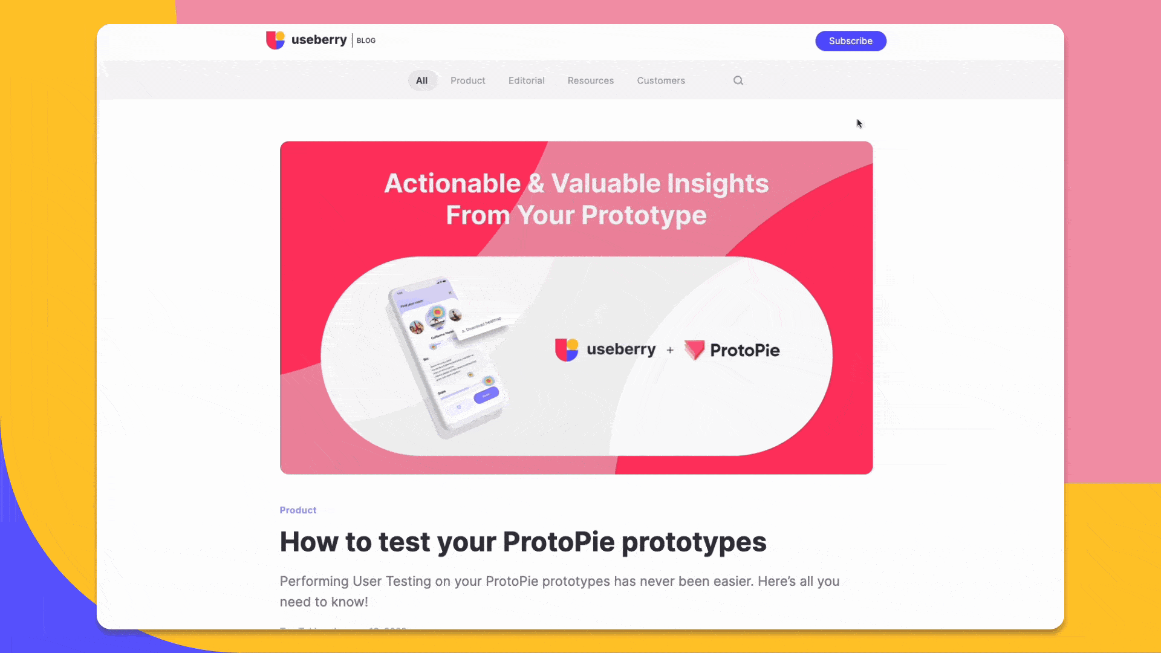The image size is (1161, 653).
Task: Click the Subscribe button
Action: point(850,41)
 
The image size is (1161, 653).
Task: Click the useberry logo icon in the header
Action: point(275,40)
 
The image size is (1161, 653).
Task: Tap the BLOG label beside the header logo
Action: point(366,41)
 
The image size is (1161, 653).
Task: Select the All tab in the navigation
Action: point(421,80)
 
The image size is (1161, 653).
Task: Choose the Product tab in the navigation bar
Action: point(467,80)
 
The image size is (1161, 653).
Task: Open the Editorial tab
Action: point(526,80)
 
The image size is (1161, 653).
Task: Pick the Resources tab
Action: point(590,80)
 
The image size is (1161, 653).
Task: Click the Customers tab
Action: point(660,80)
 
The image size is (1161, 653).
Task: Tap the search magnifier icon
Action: point(738,80)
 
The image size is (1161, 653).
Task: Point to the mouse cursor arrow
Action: point(859,123)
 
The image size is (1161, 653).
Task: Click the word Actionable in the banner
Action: point(452,183)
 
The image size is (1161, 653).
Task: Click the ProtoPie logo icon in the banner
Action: point(694,349)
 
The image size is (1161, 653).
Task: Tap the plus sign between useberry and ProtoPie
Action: point(670,350)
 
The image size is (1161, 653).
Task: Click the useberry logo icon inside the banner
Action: point(567,349)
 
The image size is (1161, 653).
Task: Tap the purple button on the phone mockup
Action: point(486,395)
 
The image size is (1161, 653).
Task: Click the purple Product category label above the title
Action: point(298,510)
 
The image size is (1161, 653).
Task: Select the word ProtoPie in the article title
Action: point(558,542)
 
